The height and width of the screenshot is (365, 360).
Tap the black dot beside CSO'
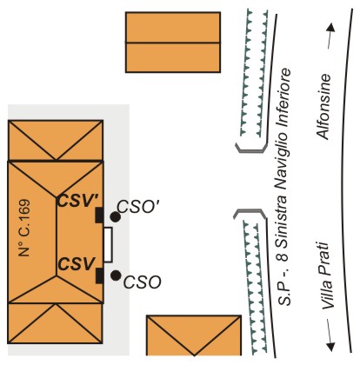[x=116, y=216]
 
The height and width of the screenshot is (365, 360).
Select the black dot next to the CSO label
[x=116, y=275]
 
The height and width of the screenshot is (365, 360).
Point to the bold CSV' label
[x=78, y=201]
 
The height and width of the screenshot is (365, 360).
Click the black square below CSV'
[x=99, y=216]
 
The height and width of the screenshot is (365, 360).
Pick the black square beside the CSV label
[x=99, y=275]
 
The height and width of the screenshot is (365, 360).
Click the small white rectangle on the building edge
[x=108, y=245]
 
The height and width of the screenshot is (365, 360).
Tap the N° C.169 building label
[x=24, y=228]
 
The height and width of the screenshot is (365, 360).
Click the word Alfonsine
[x=323, y=107]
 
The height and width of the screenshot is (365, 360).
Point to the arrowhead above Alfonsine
[x=331, y=28]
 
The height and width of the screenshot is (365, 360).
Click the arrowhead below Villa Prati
[x=330, y=347]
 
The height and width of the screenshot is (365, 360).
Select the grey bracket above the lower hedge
[x=250, y=213]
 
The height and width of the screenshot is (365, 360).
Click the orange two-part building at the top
[x=173, y=43]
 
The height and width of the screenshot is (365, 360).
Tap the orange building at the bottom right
[x=194, y=335]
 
